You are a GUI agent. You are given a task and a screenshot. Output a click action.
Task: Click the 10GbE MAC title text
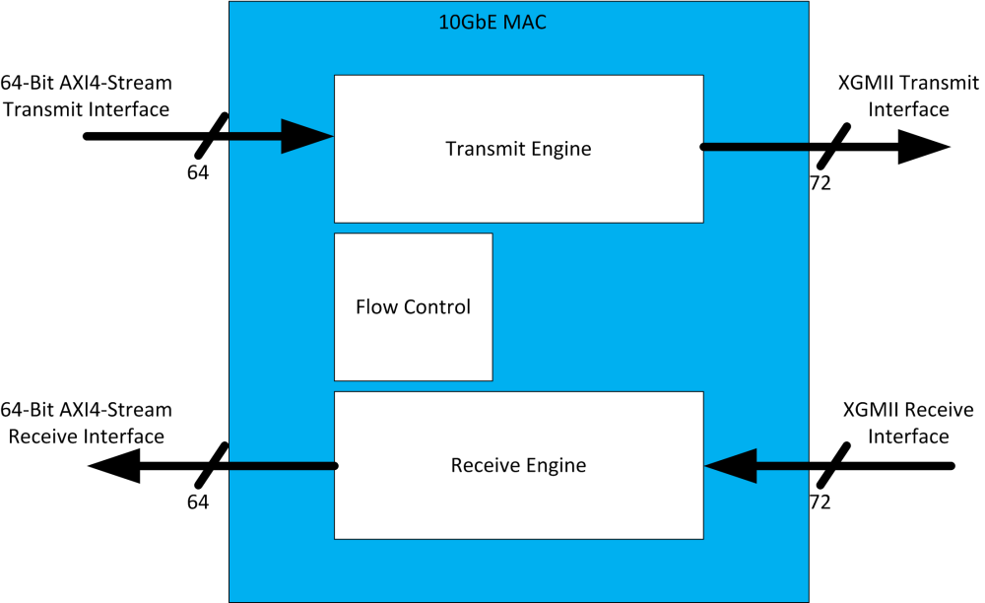pyautogui.click(x=492, y=22)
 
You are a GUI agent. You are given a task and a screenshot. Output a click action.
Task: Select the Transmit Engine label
pyautogui.click(x=518, y=149)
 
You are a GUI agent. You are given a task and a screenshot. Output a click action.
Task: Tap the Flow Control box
pyautogui.click(x=413, y=306)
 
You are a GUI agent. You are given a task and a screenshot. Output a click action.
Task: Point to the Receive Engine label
pyautogui.click(x=518, y=465)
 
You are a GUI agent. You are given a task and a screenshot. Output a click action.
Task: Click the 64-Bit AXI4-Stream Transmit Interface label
pyautogui.click(x=87, y=96)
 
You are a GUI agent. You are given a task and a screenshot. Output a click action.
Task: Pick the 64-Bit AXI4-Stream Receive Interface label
pyautogui.click(x=87, y=422)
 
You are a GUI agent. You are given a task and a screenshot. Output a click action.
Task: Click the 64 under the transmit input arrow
pyautogui.click(x=198, y=172)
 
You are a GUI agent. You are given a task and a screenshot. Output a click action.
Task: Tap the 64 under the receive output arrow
pyautogui.click(x=198, y=502)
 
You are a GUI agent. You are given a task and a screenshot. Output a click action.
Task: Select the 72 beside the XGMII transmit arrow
pyautogui.click(x=820, y=182)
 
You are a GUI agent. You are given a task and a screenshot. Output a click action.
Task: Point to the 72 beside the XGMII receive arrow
pyautogui.click(x=820, y=502)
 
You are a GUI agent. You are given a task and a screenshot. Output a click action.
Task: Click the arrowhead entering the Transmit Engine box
pyautogui.click(x=307, y=136)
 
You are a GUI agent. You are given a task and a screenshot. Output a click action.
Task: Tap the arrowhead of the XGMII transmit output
pyautogui.click(x=923, y=147)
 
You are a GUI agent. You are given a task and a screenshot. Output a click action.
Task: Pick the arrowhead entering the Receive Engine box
pyautogui.click(x=731, y=465)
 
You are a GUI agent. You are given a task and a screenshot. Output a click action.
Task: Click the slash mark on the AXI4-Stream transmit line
pyautogui.click(x=212, y=136)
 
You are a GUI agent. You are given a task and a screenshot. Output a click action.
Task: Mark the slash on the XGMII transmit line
pyautogui.click(x=833, y=147)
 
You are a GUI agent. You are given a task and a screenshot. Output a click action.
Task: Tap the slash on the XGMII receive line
pyautogui.click(x=833, y=465)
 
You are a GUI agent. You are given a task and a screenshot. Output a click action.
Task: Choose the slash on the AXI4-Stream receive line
pyautogui.click(x=212, y=465)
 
